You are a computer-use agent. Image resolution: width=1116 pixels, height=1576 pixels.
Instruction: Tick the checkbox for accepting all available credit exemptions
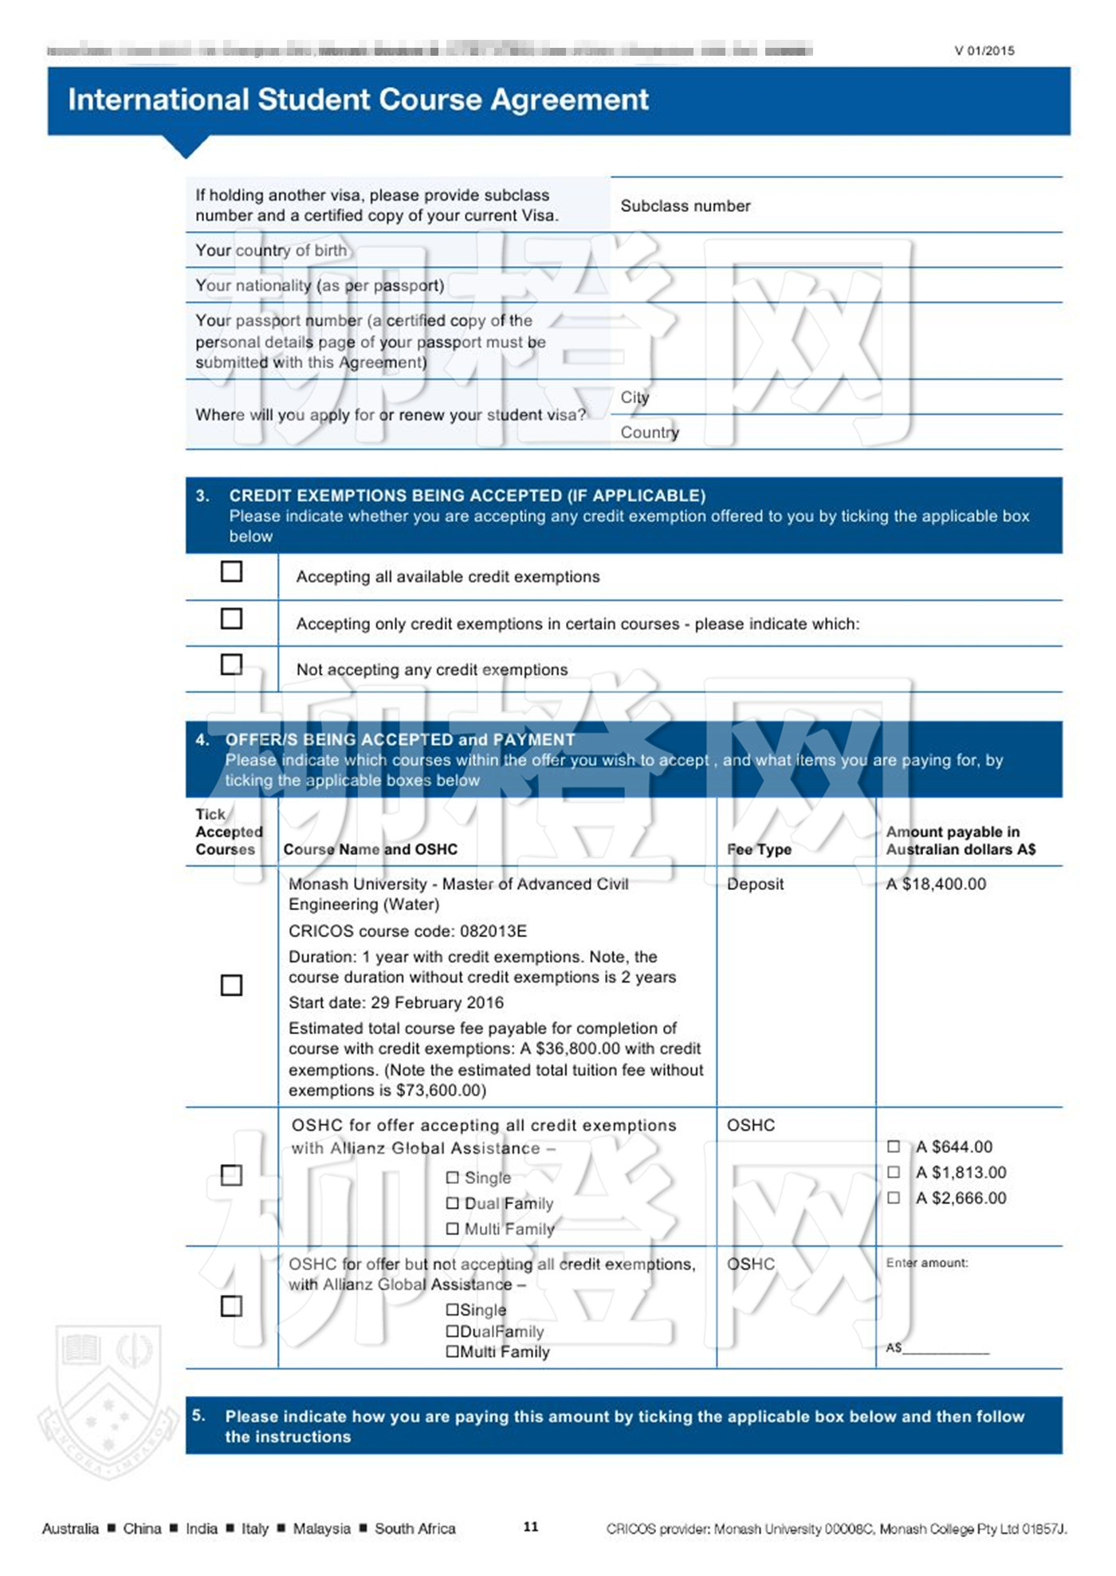(231, 571)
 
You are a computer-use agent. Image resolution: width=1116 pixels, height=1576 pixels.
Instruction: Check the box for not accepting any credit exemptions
(231, 665)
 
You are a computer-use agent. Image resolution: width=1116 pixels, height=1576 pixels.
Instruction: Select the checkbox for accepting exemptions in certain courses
(231, 618)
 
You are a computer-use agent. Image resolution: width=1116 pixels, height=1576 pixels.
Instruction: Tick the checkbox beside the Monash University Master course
(231, 986)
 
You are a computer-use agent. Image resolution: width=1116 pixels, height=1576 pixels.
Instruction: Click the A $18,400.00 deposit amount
(936, 884)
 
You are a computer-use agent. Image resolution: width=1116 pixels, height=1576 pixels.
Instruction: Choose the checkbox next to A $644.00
(894, 1147)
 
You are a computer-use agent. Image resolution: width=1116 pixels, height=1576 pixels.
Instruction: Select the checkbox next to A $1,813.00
(894, 1172)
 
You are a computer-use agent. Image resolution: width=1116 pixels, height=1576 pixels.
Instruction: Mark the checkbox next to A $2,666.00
(894, 1198)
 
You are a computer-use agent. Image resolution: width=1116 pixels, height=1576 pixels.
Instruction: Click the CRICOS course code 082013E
(407, 931)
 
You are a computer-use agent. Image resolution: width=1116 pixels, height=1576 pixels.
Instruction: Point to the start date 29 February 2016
(396, 1002)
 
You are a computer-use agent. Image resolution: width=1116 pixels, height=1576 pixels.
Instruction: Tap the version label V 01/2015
(984, 51)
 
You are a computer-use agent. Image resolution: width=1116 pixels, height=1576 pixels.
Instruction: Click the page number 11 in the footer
(531, 1527)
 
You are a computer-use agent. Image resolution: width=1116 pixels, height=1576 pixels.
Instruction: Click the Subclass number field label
(686, 206)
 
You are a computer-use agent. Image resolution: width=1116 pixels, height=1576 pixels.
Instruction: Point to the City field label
(635, 398)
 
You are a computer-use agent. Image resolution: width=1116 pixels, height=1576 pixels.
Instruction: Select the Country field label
(650, 433)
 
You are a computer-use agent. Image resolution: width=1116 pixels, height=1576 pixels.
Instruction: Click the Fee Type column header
(759, 849)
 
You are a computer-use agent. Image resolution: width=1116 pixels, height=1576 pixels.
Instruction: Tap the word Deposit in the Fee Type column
(755, 884)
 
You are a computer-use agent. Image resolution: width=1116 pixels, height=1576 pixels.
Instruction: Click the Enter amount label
(927, 1263)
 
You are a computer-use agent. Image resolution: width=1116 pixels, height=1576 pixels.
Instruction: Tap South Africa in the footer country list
(415, 1528)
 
